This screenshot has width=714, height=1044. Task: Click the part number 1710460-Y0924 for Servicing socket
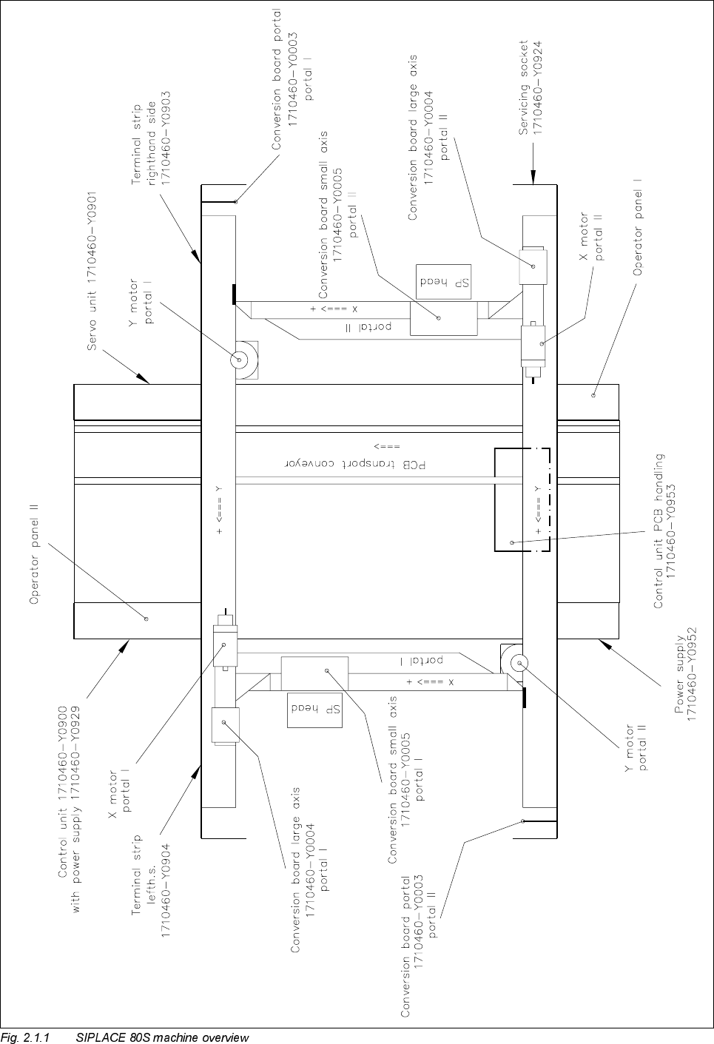coord(539,87)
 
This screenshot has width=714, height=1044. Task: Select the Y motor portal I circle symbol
coord(240,360)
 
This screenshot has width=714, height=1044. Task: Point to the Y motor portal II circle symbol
coord(516,662)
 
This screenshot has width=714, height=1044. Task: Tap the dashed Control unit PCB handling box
coord(522,499)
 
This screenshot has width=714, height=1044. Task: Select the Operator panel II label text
coord(34,554)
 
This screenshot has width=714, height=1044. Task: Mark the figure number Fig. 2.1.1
coord(25,1037)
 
